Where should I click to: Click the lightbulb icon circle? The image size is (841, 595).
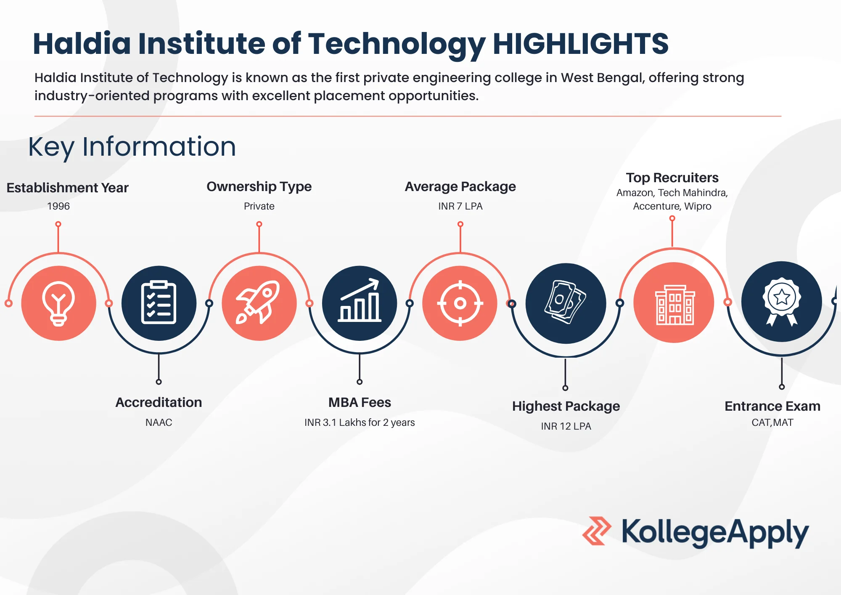[x=58, y=303]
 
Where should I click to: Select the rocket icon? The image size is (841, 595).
[x=258, y=302]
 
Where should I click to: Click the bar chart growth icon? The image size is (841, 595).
[x=360, y=300]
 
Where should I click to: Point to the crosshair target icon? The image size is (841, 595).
[x=460, y=303]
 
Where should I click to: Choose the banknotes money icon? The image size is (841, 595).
[x=565, y=302]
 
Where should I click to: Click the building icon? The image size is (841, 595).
[x=675, y=305]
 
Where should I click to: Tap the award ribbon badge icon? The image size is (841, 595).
[x=782, y=301]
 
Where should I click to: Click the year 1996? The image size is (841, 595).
[x=58, y=206]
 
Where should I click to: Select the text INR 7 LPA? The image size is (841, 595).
[x=460, y=206]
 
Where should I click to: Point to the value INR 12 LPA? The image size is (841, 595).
[x=566, y=426]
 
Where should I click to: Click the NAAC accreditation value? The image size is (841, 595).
[x=159, y=422]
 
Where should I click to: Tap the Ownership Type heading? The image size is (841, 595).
[x=259, y=186]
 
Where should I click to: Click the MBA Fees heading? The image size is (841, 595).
[x=360, y=402]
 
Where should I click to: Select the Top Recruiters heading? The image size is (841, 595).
[x=672, y=178]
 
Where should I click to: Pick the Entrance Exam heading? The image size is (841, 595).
[x=772, y=406]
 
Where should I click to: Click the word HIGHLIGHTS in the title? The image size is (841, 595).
[x=580, y=43]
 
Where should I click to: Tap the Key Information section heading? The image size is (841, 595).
[x=132, y=147]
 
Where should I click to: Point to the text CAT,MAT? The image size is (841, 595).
[x=772, y=422]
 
